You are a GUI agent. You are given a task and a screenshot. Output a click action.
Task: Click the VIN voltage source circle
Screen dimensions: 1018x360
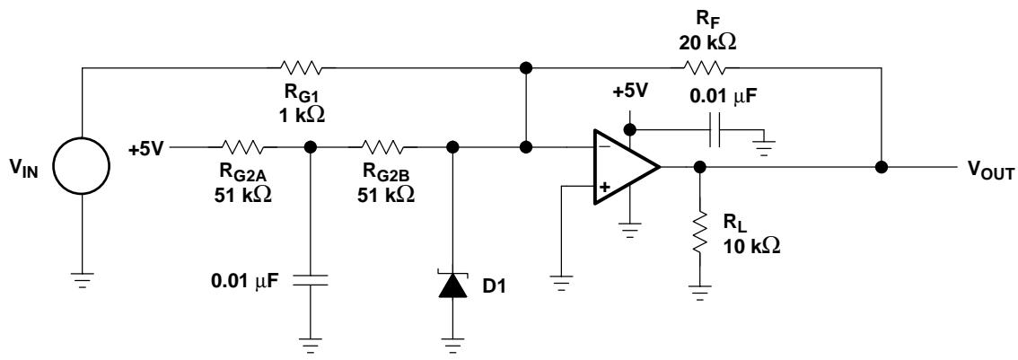coord(81,166)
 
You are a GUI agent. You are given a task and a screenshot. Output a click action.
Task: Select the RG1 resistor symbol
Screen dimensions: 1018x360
coord(300,66)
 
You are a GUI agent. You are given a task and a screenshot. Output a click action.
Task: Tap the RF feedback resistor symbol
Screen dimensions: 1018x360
coord(703,66)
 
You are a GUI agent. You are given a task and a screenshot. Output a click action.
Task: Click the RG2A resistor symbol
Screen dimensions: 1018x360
coord(242,147)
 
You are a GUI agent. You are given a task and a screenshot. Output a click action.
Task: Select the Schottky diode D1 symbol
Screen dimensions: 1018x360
coord(453,285)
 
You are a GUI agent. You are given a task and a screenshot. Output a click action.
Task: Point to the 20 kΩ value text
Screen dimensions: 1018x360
coord(707,43)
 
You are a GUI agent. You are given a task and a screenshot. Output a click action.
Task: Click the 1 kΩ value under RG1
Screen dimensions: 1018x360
coord(299,116)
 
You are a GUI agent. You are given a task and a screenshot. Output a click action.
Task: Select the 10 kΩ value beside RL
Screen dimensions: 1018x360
coord(750,246)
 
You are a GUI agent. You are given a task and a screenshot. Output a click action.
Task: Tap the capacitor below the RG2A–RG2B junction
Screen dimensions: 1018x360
coord(311,280)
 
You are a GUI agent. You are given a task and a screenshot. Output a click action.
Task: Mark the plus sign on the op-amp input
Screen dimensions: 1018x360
coord(605,187)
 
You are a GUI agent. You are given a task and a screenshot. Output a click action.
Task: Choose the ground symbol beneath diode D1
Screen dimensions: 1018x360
coord(453,346)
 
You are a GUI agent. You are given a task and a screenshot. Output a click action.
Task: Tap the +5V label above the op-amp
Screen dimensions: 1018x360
coord(630,91)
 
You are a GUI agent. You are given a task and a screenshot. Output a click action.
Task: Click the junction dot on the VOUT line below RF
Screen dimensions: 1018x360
coord(881,167)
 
